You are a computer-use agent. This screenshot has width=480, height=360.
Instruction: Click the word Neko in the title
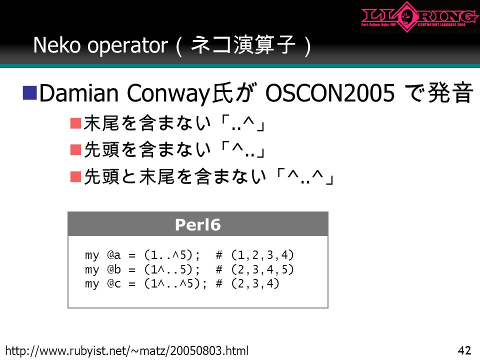tap(56, 45)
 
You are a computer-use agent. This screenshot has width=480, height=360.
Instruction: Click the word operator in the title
tap(127, 46)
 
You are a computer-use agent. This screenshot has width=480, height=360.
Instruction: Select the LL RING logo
tap(419, 17)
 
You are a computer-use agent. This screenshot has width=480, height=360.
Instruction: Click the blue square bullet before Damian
tap(30, 92)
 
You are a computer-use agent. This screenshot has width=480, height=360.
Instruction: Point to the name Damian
tap(79, 93)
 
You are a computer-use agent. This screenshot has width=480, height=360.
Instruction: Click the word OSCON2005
tap(330, 93)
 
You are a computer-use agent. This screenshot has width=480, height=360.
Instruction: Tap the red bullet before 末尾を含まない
tap(75, 123)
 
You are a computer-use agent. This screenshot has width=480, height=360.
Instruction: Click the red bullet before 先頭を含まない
tap(75, 150)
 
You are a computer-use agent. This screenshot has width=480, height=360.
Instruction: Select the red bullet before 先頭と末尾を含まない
tap(75, 176)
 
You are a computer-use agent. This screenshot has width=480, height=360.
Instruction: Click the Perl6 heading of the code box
tap(198, 224)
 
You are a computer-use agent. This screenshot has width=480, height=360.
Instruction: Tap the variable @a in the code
tap(114, 254)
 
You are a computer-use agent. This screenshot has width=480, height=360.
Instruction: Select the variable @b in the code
tap(114, 269)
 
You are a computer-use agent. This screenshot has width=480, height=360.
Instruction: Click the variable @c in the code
tap(114, 283)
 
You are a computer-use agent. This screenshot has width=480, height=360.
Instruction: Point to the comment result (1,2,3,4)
tap(262, 254)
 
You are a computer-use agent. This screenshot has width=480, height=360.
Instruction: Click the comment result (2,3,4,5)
tap(262, 269)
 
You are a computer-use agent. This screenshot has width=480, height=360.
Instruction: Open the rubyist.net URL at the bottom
tap(126, 350)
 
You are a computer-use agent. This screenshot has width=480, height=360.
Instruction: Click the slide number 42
tap(464, 350)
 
